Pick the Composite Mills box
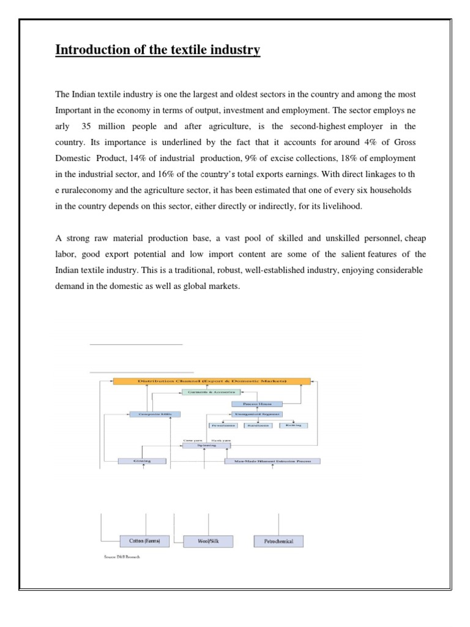coord(155,415)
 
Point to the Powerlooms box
coord(223,425)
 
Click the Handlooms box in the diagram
coord(258,425)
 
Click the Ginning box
coord(143,460)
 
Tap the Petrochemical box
coord(278,541)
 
